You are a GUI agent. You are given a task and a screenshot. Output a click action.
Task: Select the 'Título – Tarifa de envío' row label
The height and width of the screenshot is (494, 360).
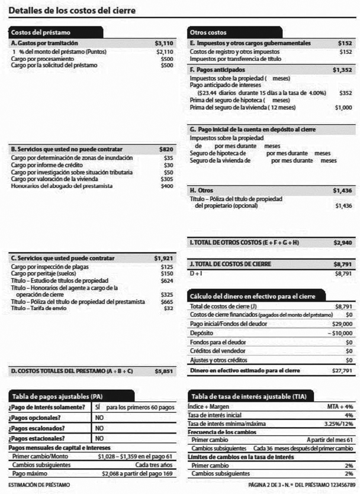(43, 308)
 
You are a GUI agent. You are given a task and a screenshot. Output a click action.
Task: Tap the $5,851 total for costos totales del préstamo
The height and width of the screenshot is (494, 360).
(163, 371)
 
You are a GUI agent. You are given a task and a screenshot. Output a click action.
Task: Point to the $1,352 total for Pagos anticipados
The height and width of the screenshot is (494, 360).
(342, 70)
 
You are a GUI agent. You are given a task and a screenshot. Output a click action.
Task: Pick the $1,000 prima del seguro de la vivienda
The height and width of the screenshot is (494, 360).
(343, 107)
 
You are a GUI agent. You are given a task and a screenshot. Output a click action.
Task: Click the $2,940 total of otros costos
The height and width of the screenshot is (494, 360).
(342, 243)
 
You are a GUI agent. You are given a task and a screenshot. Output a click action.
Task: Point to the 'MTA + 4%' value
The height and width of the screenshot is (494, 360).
(339, 407)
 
